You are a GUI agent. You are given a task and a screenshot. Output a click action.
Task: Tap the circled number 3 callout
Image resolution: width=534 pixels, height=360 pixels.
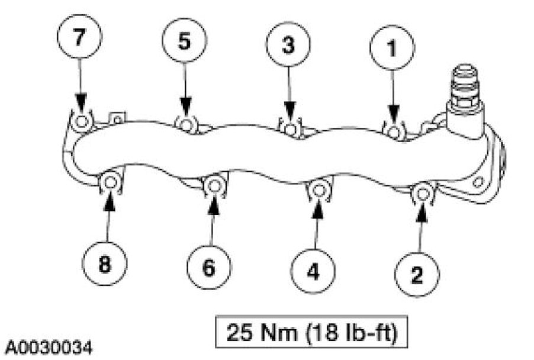pyautogui.click(x=288, y=46)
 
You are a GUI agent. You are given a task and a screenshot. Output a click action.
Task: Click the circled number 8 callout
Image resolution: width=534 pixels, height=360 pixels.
pyautogui.click(x=105, y=264)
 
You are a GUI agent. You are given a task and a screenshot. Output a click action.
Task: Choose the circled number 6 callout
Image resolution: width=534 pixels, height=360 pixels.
pyautogui.click(x=209, y=268)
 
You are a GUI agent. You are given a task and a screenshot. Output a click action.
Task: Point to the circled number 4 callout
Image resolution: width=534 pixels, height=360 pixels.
pyautogui.click(x=313, y=272)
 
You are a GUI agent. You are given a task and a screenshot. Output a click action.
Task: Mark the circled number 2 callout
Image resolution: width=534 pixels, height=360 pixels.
pyautogui.click(x=418, y=274)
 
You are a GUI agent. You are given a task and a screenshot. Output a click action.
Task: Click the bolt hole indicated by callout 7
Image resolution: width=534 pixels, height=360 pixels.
pyautogui.click(x=81, y=122)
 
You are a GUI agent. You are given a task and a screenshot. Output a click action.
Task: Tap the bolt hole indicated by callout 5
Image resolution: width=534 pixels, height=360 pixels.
pyautogui.click(x=186, y=124)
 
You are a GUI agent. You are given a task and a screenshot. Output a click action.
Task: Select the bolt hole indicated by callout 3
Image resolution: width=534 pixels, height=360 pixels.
pyautogui.click(x=289, y=128)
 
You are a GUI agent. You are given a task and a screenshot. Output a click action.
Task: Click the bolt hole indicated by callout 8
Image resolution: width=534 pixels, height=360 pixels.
pyautogui.click(x=110, y=184)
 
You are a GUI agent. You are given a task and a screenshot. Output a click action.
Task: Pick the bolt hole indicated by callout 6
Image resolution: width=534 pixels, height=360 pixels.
pyautogui.click(x=213, y=186)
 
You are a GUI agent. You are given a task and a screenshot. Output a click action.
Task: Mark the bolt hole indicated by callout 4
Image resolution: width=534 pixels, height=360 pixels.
pyautogui.click(x=317, y=189)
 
